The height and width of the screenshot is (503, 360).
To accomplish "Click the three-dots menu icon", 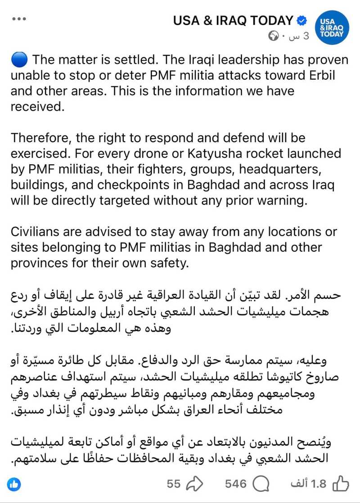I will pos(19,19).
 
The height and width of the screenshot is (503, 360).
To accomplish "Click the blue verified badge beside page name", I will pos(301,20).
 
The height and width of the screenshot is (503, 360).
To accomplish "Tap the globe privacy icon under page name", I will pos(273,36).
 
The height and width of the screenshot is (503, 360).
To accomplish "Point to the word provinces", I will pos(45,263).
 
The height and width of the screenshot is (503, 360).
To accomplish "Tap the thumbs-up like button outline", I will pos(340,484).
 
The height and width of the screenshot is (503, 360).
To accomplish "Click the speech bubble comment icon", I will pos(261,484).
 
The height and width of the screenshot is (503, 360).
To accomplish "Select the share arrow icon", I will pos(195,484).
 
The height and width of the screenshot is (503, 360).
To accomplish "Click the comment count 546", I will pos(236,484).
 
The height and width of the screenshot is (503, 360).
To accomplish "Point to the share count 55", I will pos(174,484).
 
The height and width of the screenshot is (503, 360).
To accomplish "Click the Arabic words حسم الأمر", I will pos(320,296).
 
